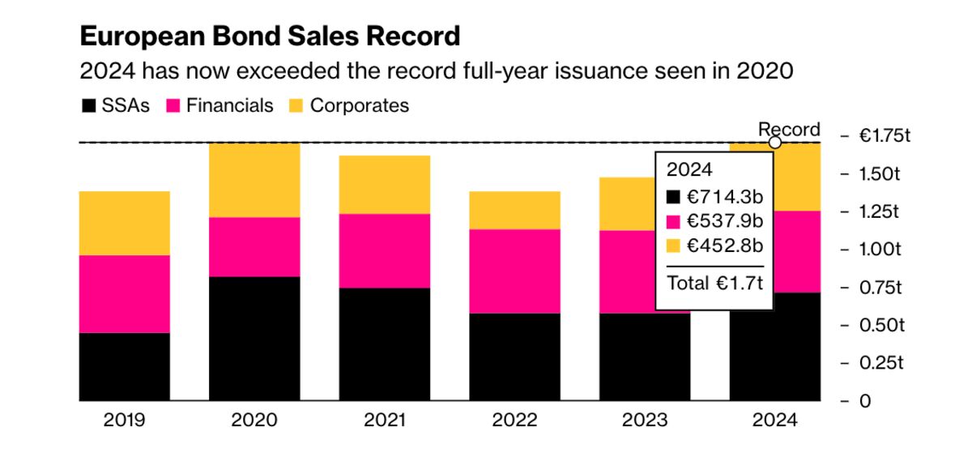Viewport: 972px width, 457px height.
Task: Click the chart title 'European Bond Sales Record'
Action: coord(270,36)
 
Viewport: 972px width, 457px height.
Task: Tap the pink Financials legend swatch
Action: coord(173,106)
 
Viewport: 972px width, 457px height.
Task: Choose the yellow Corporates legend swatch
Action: coord(296,106)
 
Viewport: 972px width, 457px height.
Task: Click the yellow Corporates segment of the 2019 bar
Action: coord(124,223)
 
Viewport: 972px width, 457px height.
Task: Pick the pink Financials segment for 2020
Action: coord(254,246)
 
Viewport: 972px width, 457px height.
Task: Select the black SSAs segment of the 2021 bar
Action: coord(385,344)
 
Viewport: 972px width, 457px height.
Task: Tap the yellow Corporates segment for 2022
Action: coord(515,210)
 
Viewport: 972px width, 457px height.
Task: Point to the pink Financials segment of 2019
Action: coord(124,293)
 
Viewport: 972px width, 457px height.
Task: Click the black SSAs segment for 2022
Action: coord(515,357)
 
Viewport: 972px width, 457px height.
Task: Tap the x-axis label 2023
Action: coord(645,421)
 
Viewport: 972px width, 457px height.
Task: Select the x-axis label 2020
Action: coord(254,421)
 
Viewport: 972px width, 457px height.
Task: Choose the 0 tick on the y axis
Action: coord(866,401)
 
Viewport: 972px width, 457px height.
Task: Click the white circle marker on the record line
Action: coord(774,143)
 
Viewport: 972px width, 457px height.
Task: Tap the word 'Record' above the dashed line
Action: coord(788,130)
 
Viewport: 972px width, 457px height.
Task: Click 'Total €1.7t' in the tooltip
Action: coord(714,283)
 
